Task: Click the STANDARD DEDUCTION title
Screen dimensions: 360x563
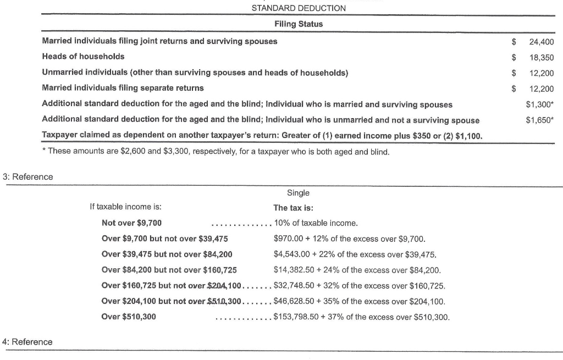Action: [x=299, y=8]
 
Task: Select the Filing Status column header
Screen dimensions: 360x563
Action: [x=299, y=24]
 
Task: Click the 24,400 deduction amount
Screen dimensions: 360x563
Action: [x=542, y=42]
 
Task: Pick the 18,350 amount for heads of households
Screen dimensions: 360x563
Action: [x=542, y=57]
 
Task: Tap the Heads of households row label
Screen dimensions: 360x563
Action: [x=83, y=57]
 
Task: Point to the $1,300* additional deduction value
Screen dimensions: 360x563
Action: [x=540, y=104]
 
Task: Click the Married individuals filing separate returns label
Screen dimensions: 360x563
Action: [x=123, y=88]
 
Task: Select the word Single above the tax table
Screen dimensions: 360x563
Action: [x=298, y=193]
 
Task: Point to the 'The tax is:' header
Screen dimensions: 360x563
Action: [x=293, y=208]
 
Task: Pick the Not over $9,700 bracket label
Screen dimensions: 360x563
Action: [x=132, y=223]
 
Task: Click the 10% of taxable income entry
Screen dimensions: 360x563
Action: [x=316, y=223]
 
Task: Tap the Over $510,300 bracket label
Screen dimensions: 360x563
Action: [x=129, y=317]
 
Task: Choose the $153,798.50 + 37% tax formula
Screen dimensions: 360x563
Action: [x=361, y=317]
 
